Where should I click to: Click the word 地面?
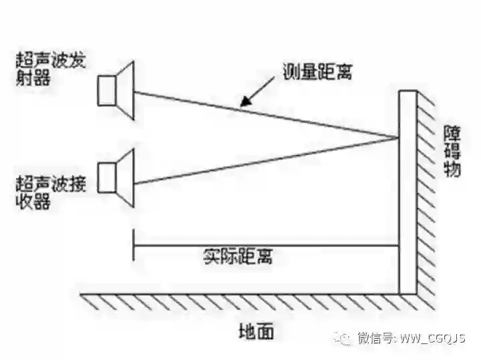coord(257,331)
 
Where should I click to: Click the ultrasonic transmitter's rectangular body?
coord(107,90)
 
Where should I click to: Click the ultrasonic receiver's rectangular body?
coord(107,176)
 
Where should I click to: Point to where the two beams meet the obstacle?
coord(399,139)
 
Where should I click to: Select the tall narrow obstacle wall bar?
coord(408,194)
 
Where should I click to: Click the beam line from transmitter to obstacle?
coord(267,115)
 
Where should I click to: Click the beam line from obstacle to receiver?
coord(267,160)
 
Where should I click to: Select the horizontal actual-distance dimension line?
coord(267,245)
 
